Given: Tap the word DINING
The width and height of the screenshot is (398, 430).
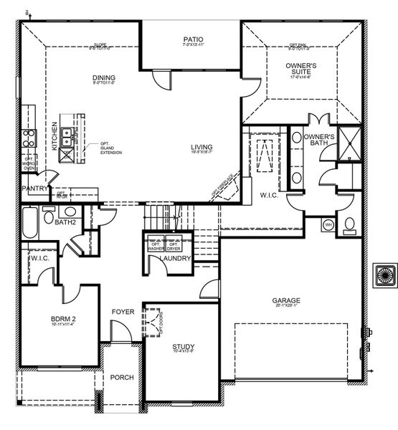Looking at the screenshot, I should [104, 78].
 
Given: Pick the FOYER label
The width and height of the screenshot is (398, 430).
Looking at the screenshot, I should [123, 312].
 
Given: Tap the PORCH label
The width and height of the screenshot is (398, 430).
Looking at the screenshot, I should [122, 377].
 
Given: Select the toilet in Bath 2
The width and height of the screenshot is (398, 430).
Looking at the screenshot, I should [48, 214].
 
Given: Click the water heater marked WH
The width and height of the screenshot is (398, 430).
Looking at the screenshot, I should [329, 225].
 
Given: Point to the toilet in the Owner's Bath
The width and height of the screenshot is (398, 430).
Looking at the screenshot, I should [349, 225].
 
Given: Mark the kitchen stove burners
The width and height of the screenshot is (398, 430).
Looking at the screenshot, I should [29, 137].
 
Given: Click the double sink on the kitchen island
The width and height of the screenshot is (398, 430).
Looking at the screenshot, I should [67, 136].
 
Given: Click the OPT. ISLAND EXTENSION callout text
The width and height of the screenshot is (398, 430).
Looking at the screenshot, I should [110, 148].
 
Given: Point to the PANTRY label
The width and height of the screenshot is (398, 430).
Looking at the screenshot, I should [34, 188].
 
